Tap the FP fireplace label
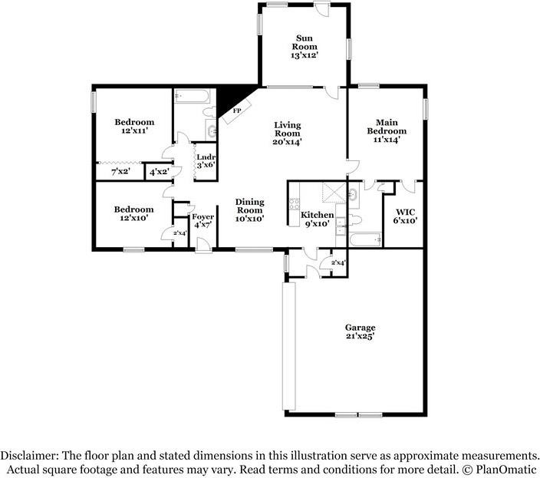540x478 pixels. [236, 111]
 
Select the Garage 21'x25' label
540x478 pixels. [361, 331]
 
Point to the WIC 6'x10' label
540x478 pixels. [405, 216]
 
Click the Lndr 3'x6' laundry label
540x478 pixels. [206, 161]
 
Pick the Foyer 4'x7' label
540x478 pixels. [202, 221]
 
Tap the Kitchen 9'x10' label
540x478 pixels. [318, 219]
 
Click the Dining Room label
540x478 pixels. [250, 206]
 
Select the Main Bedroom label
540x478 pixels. [387, 127]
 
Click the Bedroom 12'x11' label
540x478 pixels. [134, 126]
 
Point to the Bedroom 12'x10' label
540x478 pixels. [134, 213]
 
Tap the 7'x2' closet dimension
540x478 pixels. [120, 171]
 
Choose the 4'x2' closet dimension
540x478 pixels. [159, 171]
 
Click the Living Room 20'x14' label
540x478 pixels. [287, 134]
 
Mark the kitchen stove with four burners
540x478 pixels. [295, 203]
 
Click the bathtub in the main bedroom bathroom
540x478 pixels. [365, 239]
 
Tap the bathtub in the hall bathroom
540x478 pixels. [192, 96]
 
